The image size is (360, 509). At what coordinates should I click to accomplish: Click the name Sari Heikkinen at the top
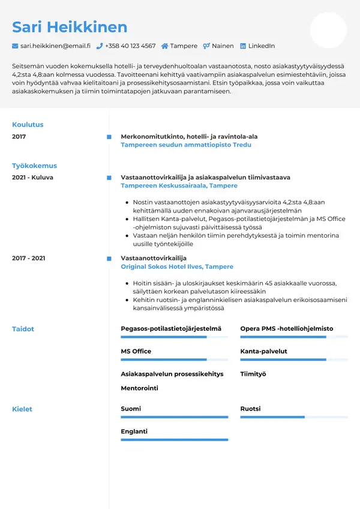point(70,27)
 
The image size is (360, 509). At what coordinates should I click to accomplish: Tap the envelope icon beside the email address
point(15,46)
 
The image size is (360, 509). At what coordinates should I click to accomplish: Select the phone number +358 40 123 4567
point(130,46)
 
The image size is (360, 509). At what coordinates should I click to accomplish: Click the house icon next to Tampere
point(165,46)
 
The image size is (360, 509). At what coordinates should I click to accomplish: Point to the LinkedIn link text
point(262,46)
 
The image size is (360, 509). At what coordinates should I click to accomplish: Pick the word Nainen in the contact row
point(223,46)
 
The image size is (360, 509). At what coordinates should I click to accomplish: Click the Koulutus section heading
point(28,125)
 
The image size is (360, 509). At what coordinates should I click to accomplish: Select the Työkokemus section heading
point(34,166)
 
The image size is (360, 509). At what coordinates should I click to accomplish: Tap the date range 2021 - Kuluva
point(32,178)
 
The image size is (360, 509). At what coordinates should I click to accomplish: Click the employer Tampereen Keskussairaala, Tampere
point(170,186)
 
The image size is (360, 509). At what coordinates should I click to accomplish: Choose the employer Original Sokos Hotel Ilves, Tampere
point(177,267)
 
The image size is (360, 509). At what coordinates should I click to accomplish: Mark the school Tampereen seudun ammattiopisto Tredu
point(186,145)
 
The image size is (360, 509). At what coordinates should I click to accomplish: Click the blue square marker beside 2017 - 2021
point(109,258)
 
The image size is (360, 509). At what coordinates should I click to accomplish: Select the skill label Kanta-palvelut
point(263,351)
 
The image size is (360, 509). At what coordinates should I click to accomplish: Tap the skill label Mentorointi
point(139,388)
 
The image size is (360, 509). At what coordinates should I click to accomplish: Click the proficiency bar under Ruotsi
point(294,417)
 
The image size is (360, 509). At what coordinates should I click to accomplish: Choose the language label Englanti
point(134,431)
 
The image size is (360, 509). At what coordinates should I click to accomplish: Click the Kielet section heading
point(22,409)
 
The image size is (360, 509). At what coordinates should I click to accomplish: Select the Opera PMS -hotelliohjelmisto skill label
point(286,329)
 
